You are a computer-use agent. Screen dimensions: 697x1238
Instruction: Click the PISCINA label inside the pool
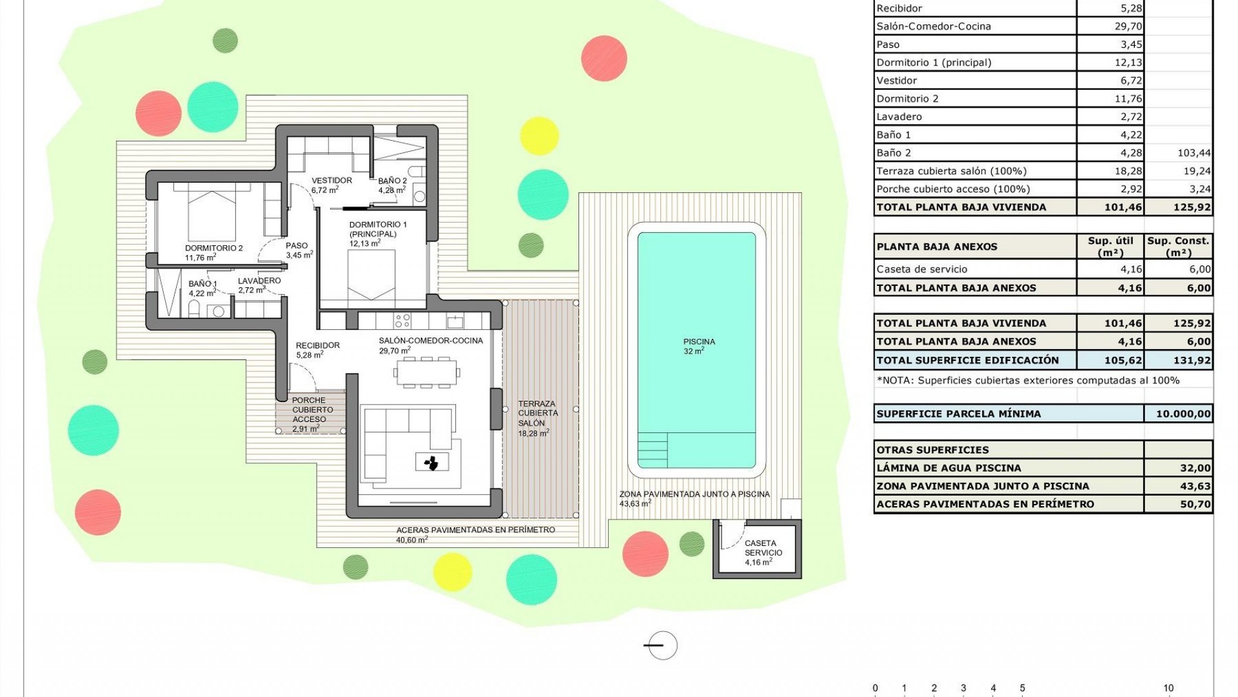(x=699, y=342)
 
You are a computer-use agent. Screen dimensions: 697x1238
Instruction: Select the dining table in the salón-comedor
(x=427, y=372)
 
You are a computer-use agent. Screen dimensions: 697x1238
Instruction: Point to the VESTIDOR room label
(x=331, y=181)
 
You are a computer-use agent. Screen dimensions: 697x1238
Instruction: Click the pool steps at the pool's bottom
(x=652, y=449)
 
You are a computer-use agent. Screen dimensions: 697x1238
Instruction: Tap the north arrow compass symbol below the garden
(x=662, y=645)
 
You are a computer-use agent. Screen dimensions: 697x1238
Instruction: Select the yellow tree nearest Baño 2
(x=539, y=136)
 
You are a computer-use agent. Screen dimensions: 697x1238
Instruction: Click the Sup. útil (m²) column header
(x=1110, y=247)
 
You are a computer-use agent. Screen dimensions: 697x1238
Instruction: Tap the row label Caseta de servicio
(x=921, y=269)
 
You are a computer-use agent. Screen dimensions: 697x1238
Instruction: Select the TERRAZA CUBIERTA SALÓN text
(x=538, y=413)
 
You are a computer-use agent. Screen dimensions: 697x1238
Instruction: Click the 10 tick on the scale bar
(x=1168, y=688)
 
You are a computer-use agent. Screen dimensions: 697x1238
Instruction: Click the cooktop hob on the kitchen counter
(x=402, y=321)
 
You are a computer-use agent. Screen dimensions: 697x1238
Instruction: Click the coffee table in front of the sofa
(x=431, y=461)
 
